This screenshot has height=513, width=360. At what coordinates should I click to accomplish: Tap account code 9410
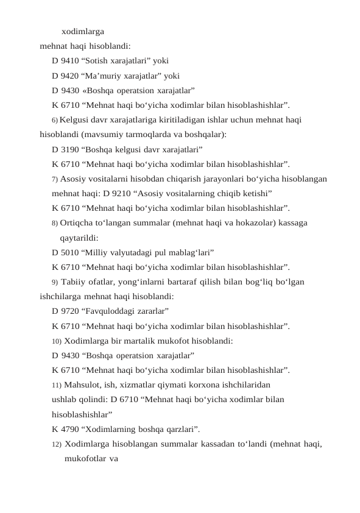(71, 60)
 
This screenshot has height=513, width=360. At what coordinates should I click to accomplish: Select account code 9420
(71, 76)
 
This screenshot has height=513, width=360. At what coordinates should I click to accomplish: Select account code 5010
(71, 252)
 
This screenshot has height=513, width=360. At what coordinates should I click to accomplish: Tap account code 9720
(71, 311)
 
